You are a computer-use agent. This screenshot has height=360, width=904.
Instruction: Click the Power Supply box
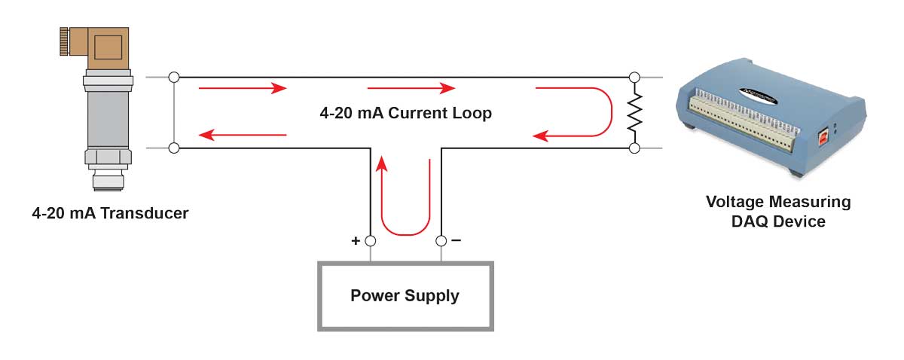pyautogui.click(x=405, y=295)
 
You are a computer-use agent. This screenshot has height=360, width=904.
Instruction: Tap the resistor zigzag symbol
pyautogui.click(x=634, y=113)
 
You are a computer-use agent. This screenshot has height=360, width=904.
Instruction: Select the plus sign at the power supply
pyautogui.click(x=356, y=241)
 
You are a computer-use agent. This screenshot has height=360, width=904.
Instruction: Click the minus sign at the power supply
pyautogui.click(x=456, y=241)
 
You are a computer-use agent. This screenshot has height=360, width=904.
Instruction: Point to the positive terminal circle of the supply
pyautogui.click(x=370, y=242)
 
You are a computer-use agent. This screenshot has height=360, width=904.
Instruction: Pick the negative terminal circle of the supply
pyautogui.click(x=441, y=242)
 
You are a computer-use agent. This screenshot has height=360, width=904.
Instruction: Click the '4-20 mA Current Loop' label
pyautogui.click(x=405, y=114)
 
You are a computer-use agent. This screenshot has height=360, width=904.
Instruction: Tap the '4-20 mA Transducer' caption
pyautogui.click(x=110, y=213)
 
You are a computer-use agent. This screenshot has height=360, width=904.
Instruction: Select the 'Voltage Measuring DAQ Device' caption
pyautogui.click(x=778, y=212)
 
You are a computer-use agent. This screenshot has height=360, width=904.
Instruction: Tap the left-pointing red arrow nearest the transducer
pyautogui.click(x=243, y=136)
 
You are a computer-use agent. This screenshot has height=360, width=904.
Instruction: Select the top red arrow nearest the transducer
pyautogui.click(x=243, y=88)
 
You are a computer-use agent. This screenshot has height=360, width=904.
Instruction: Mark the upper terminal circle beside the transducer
pyautogui.click(x=174, y=77)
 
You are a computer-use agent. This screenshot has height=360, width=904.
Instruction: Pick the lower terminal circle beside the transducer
pyautogui.click(x=174, y=148)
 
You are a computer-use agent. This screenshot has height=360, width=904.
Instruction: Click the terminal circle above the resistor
pyautogui.click(x=634, y=77)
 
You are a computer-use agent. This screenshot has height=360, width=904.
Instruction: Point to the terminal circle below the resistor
pyautogui.click(x=634, y=148)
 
